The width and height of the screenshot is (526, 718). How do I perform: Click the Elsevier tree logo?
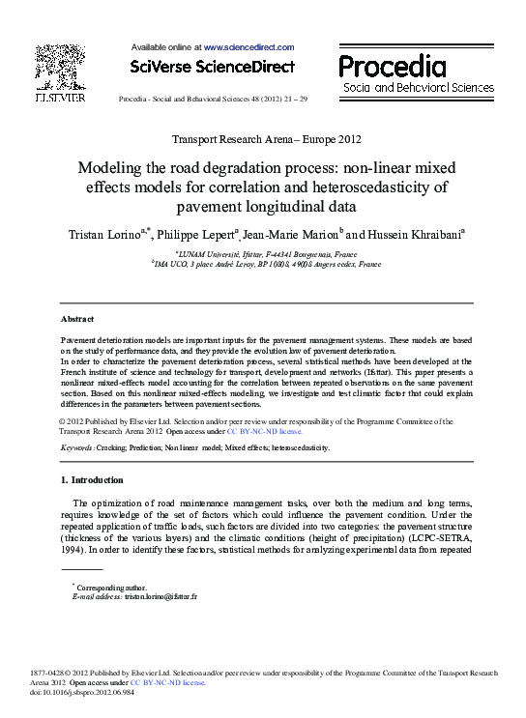click(60, 68)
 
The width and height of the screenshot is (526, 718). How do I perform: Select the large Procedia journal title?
click(392, 66)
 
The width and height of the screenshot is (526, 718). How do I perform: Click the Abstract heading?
click(77, 318)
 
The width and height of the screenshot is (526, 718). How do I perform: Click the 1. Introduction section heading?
click(92, 480)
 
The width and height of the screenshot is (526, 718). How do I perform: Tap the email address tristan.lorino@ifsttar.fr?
click(161, 597)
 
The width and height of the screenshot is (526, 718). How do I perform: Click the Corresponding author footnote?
click(109, 588)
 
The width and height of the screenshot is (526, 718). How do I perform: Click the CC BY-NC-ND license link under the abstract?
click(265, 432)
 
